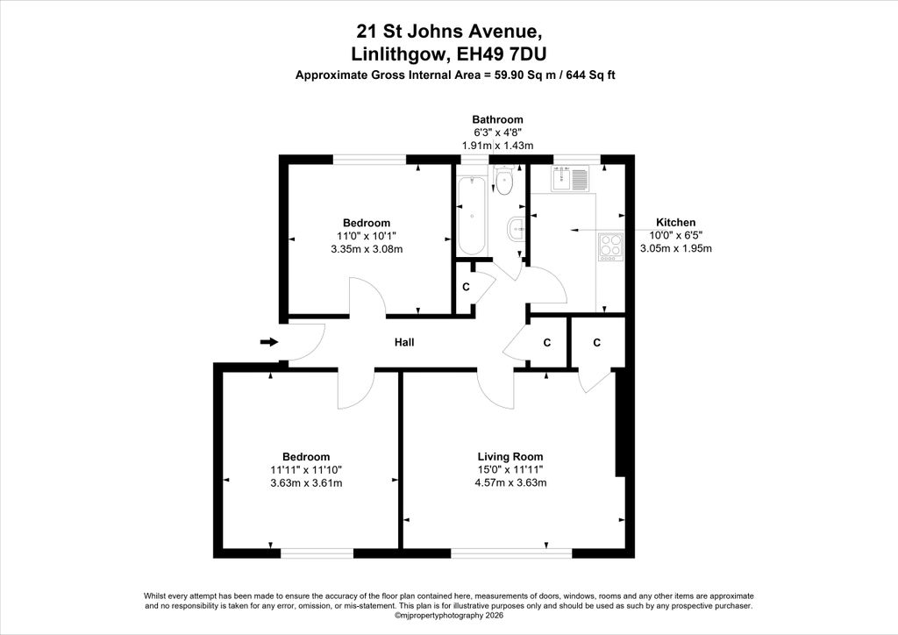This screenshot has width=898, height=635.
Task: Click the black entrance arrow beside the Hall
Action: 269,342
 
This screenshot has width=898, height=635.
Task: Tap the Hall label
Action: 404,342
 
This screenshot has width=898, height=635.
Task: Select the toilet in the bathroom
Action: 504,181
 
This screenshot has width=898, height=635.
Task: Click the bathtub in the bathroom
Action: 472,215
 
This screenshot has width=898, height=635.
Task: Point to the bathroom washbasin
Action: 516,230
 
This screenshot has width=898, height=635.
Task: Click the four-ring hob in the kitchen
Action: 610,246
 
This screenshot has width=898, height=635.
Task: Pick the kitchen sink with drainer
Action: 570,178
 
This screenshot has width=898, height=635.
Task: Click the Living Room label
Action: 510,457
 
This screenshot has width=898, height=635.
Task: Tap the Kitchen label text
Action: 676,223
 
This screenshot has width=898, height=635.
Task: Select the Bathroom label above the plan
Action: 498,119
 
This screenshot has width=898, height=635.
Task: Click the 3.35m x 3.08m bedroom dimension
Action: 367,249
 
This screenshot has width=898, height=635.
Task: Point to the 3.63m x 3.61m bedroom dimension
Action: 306,482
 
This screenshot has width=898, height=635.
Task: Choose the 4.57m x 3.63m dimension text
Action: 510,482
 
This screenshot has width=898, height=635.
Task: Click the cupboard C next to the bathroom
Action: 467,287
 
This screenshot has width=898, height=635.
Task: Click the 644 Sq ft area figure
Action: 590,75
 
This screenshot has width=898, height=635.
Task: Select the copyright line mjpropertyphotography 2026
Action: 448,616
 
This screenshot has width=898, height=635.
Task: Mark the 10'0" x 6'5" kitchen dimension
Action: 676,235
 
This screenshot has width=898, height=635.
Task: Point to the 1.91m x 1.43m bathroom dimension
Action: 498,146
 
